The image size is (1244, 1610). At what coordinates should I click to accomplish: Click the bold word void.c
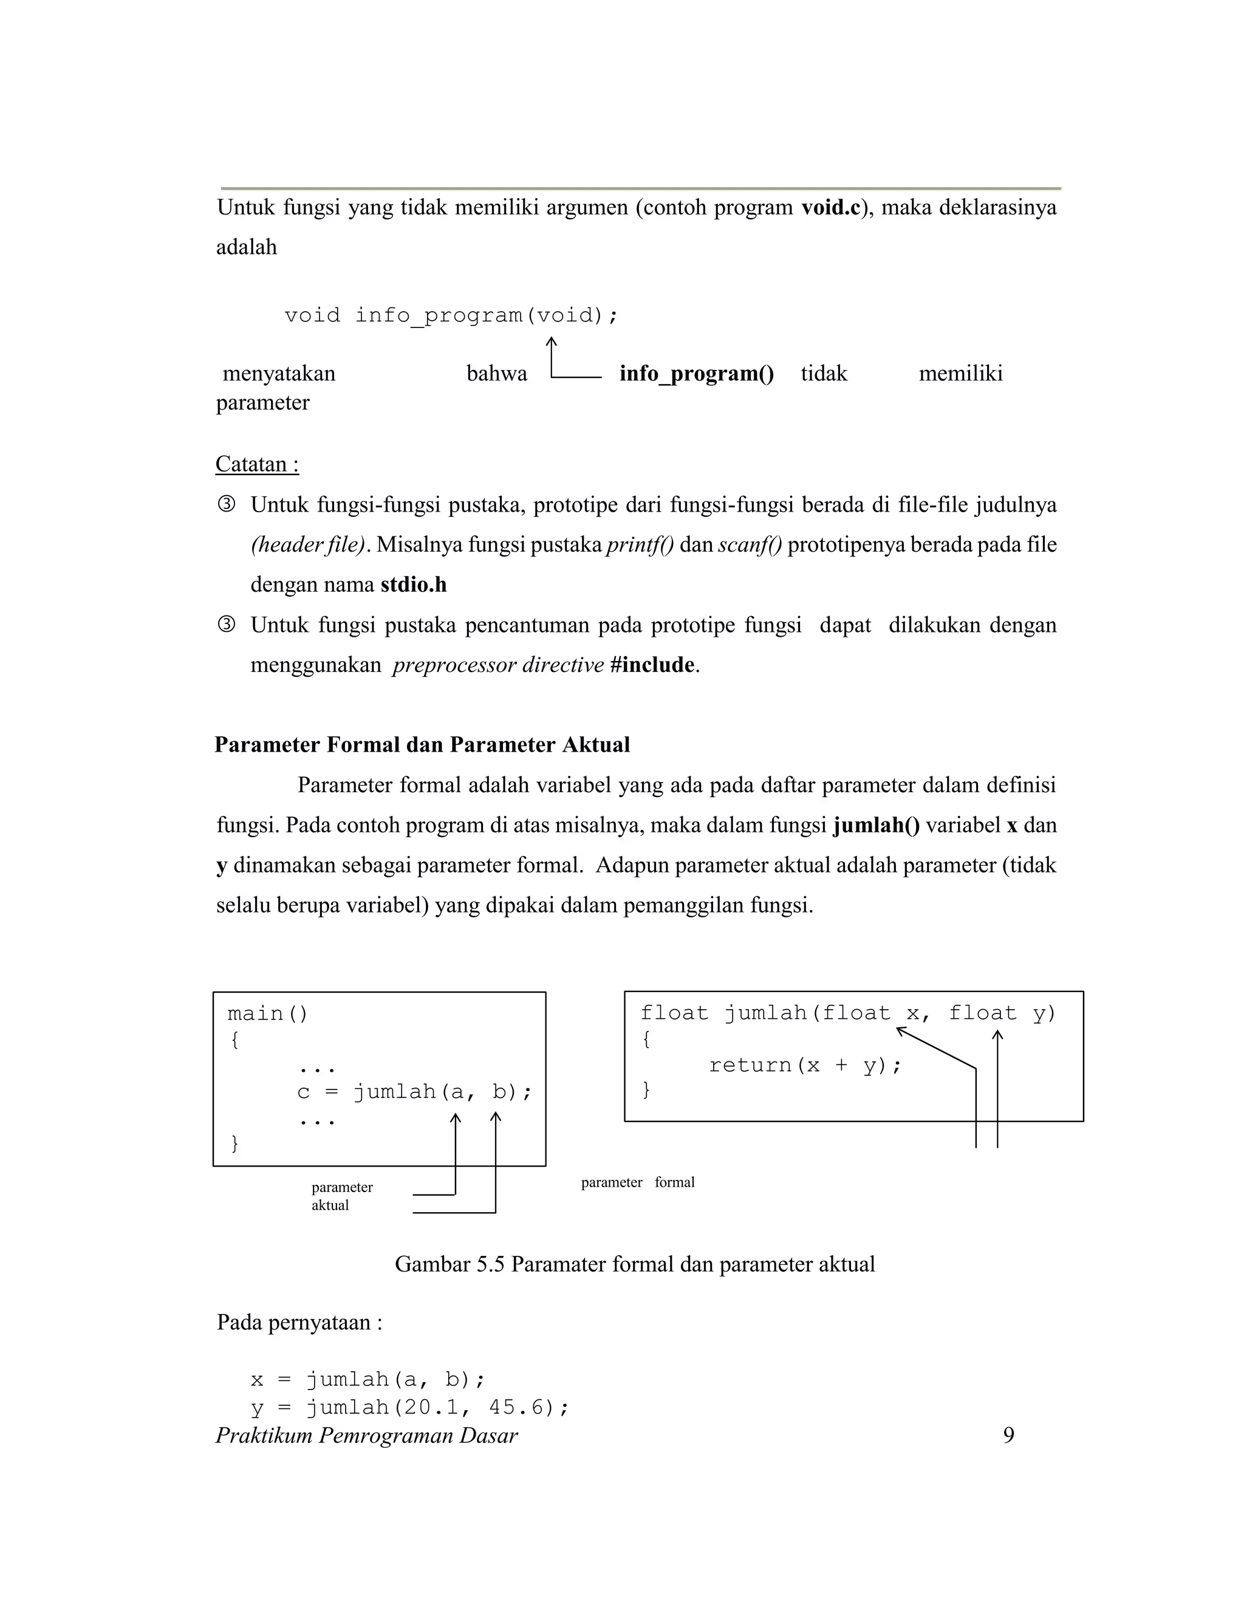(830, 208)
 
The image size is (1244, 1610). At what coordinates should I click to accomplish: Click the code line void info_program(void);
(451, 315)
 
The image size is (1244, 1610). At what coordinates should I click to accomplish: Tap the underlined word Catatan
(256, 464)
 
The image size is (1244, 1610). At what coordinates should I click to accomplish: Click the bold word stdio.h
(414, 584)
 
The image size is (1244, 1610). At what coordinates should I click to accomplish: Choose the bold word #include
(652, 665)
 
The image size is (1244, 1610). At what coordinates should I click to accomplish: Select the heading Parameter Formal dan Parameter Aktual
(422, 745)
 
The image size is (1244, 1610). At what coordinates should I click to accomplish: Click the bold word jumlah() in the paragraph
(877, 825)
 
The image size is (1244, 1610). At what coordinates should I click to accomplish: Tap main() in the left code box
(267, 1013)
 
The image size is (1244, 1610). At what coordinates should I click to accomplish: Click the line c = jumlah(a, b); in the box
(414, 1092)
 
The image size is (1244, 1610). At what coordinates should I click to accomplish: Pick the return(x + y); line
(805, 1065)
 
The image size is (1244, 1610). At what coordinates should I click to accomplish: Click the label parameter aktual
(341, 1196)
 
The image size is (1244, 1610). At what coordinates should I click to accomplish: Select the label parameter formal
(637, 1182)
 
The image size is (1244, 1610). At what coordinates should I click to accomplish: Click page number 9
(1008, 1435)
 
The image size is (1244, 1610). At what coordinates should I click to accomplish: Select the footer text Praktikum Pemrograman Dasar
(366, 1435)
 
